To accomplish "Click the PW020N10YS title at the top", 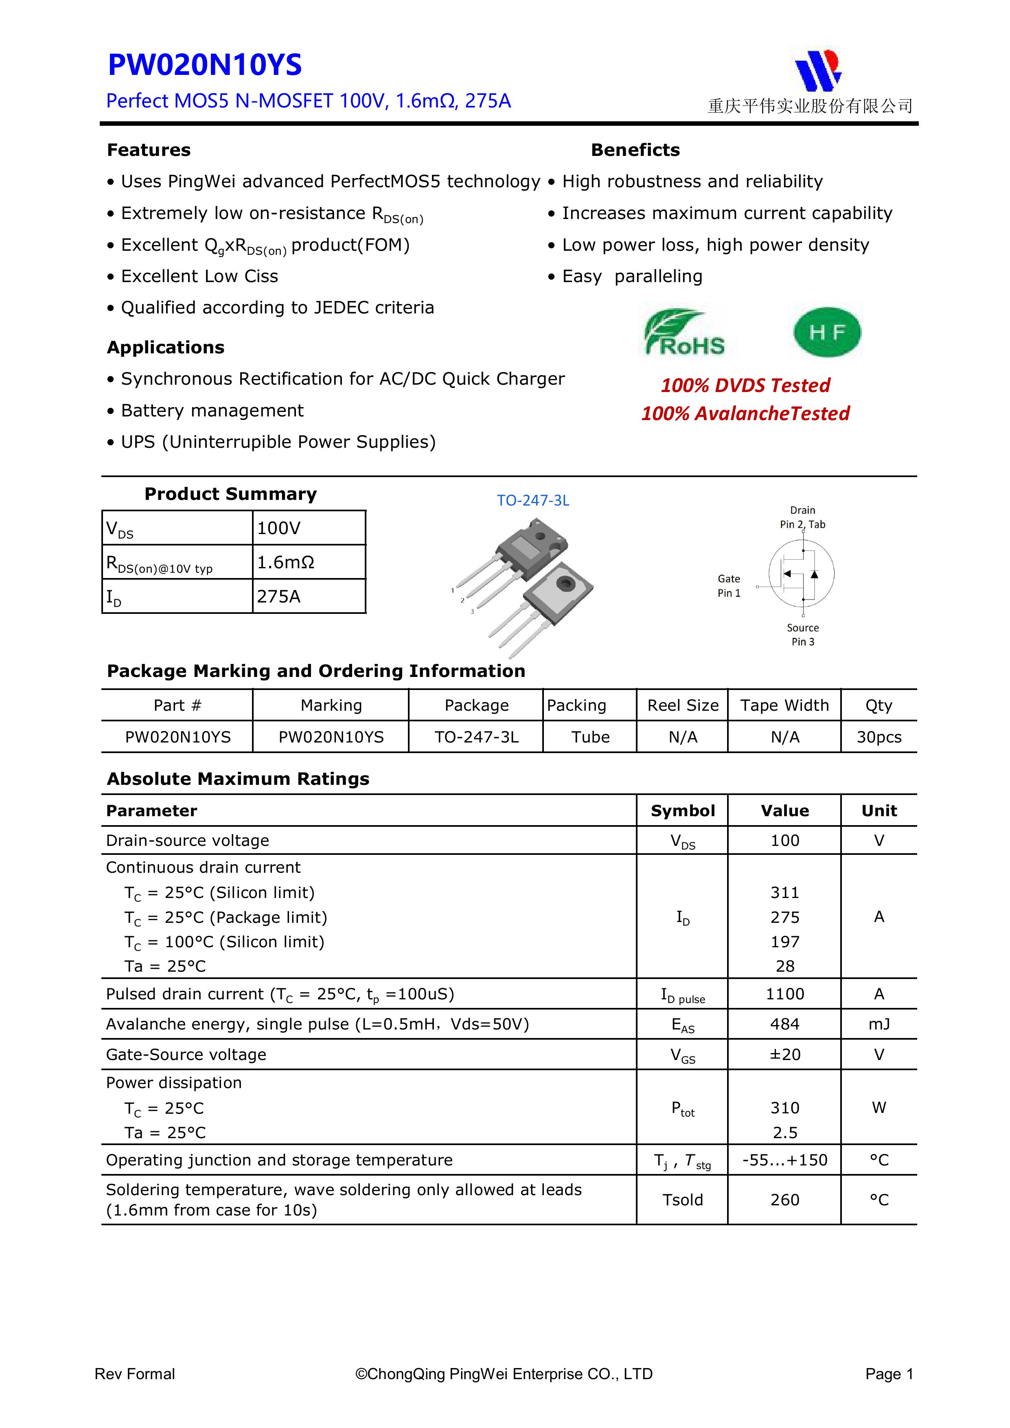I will pos(205,65).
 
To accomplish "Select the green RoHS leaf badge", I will pos(684,333).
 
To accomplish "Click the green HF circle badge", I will pos(827,332).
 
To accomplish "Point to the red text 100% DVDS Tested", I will pos(745,385).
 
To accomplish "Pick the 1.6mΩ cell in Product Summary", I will pos(286,562).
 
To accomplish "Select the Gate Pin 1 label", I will pos(729,586).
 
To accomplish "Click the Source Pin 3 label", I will pos(802,634).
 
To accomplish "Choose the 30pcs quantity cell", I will pos(879,737).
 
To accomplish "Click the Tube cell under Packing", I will pos(590,737).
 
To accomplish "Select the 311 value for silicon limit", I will pos(785,892).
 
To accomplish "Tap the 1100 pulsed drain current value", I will pos(785,994).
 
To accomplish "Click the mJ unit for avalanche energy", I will pos(879,1024).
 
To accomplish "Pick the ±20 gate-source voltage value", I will pos(785,1054).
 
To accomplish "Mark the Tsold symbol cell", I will pos(682,1200).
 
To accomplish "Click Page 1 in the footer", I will pos(889,1374).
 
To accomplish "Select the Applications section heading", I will pos(165,348).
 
